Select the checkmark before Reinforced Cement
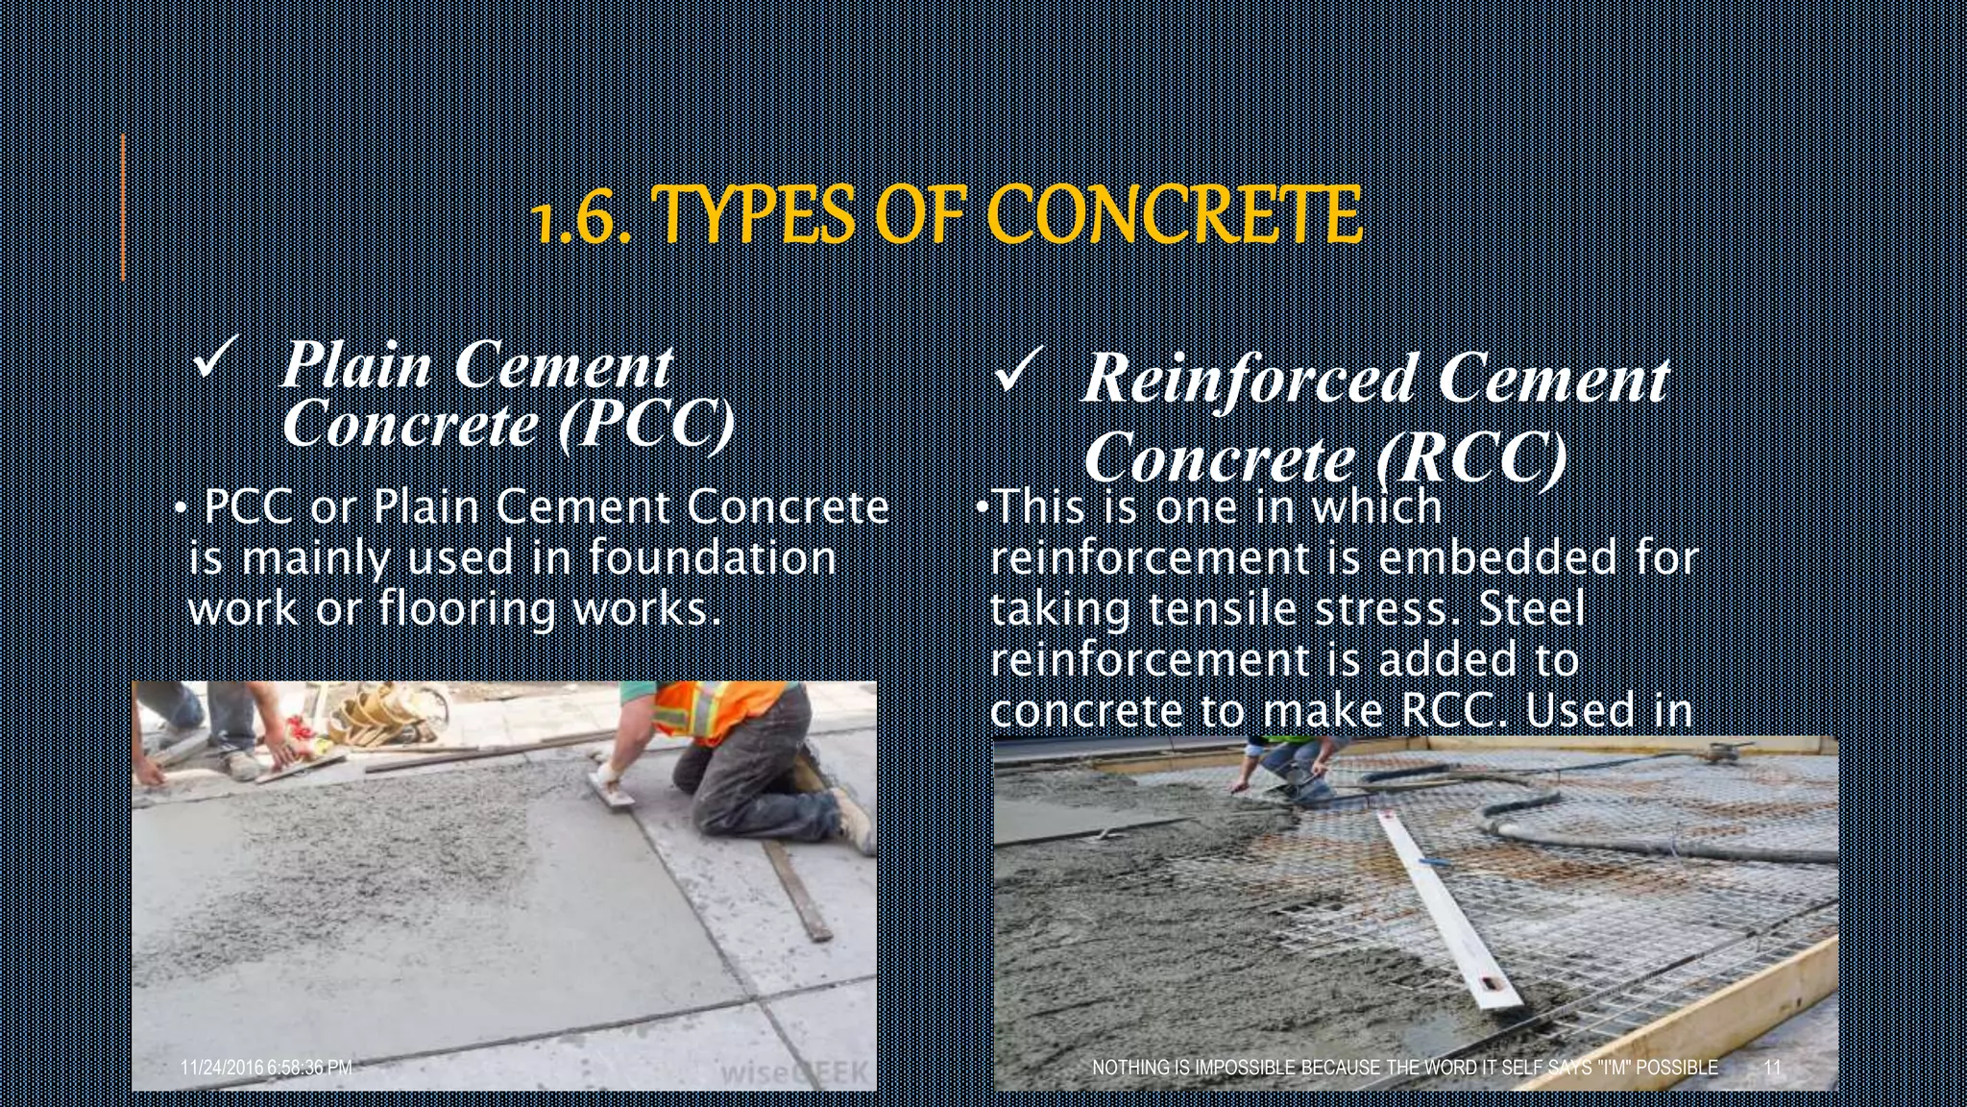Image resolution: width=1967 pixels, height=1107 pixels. pos(1016,373)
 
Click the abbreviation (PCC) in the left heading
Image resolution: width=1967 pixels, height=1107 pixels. pos(646,423)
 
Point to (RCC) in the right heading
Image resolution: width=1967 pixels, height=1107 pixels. pos(1470,457)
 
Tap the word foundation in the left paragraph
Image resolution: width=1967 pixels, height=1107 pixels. pos(712,557)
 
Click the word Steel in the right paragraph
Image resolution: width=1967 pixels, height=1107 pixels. pos(1533,609)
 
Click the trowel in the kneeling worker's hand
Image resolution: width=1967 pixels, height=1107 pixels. pos(611,789)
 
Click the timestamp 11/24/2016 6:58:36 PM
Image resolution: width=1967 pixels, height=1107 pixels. pos(266,1068)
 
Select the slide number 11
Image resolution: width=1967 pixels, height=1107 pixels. pos(1773,1068)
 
